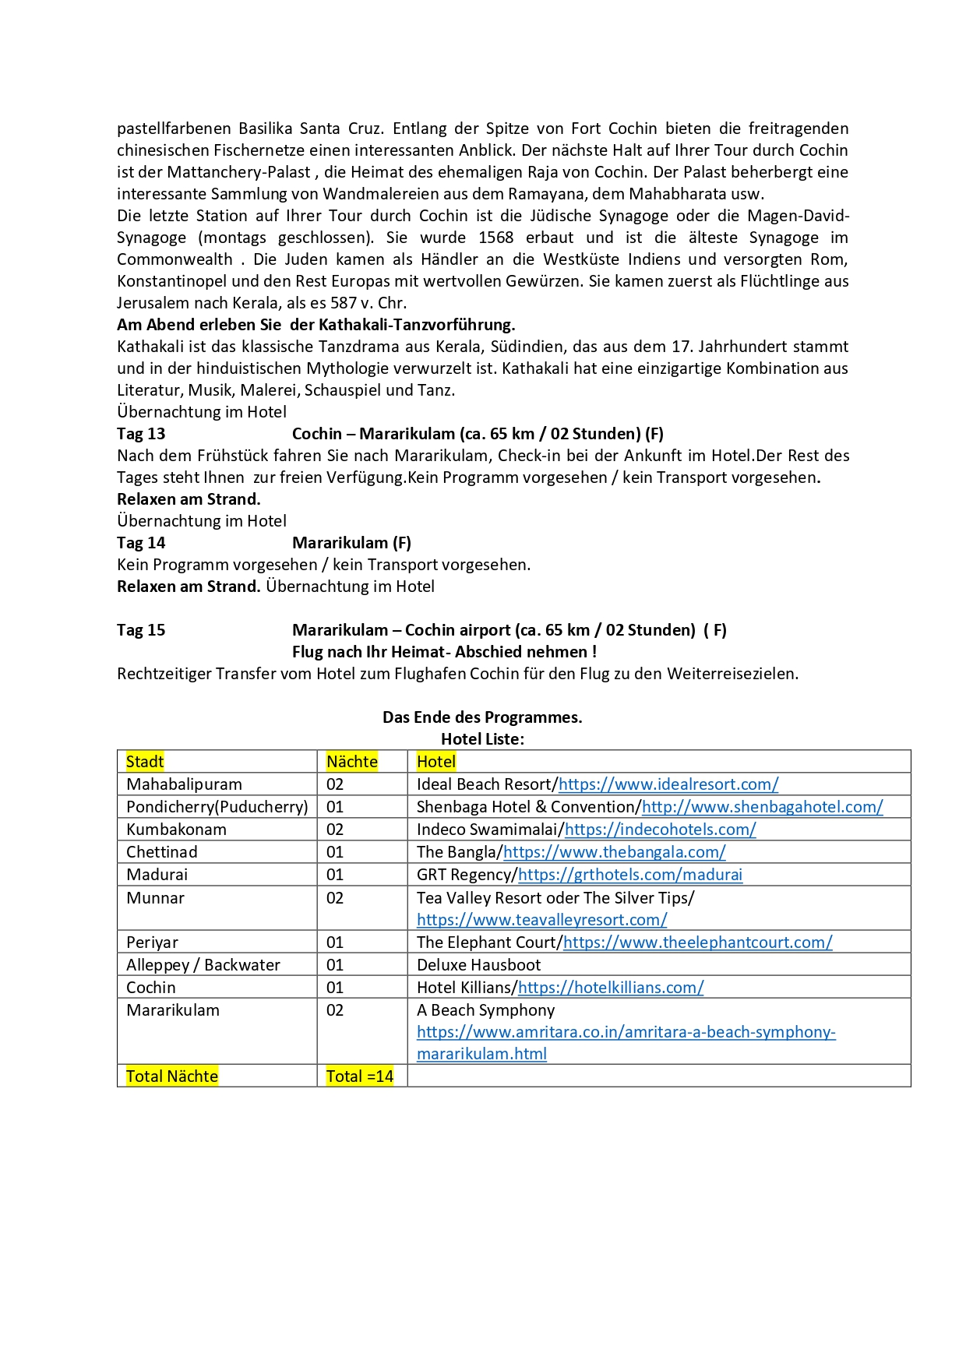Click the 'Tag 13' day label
(141, 434)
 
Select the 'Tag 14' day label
(141, 543)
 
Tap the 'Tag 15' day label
(141, 630)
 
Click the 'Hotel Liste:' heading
(482, 739)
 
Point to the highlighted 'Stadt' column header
(145, 762)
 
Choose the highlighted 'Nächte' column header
(351, 762)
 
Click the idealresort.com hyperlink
(668, 784)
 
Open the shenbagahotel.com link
(762, 807)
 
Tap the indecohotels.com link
(660, 830)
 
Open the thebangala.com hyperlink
(614, 852)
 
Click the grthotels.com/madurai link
(629, 875)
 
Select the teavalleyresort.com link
(541, 920)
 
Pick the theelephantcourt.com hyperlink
(697, 942)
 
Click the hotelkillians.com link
(610, 988)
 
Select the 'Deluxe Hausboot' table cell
(478, 965)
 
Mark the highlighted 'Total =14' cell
(359, 1076)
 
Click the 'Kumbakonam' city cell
(176, 830)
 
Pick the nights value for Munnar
(335, 898)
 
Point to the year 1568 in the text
(495, 238)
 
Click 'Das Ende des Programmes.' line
(482, 717)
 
